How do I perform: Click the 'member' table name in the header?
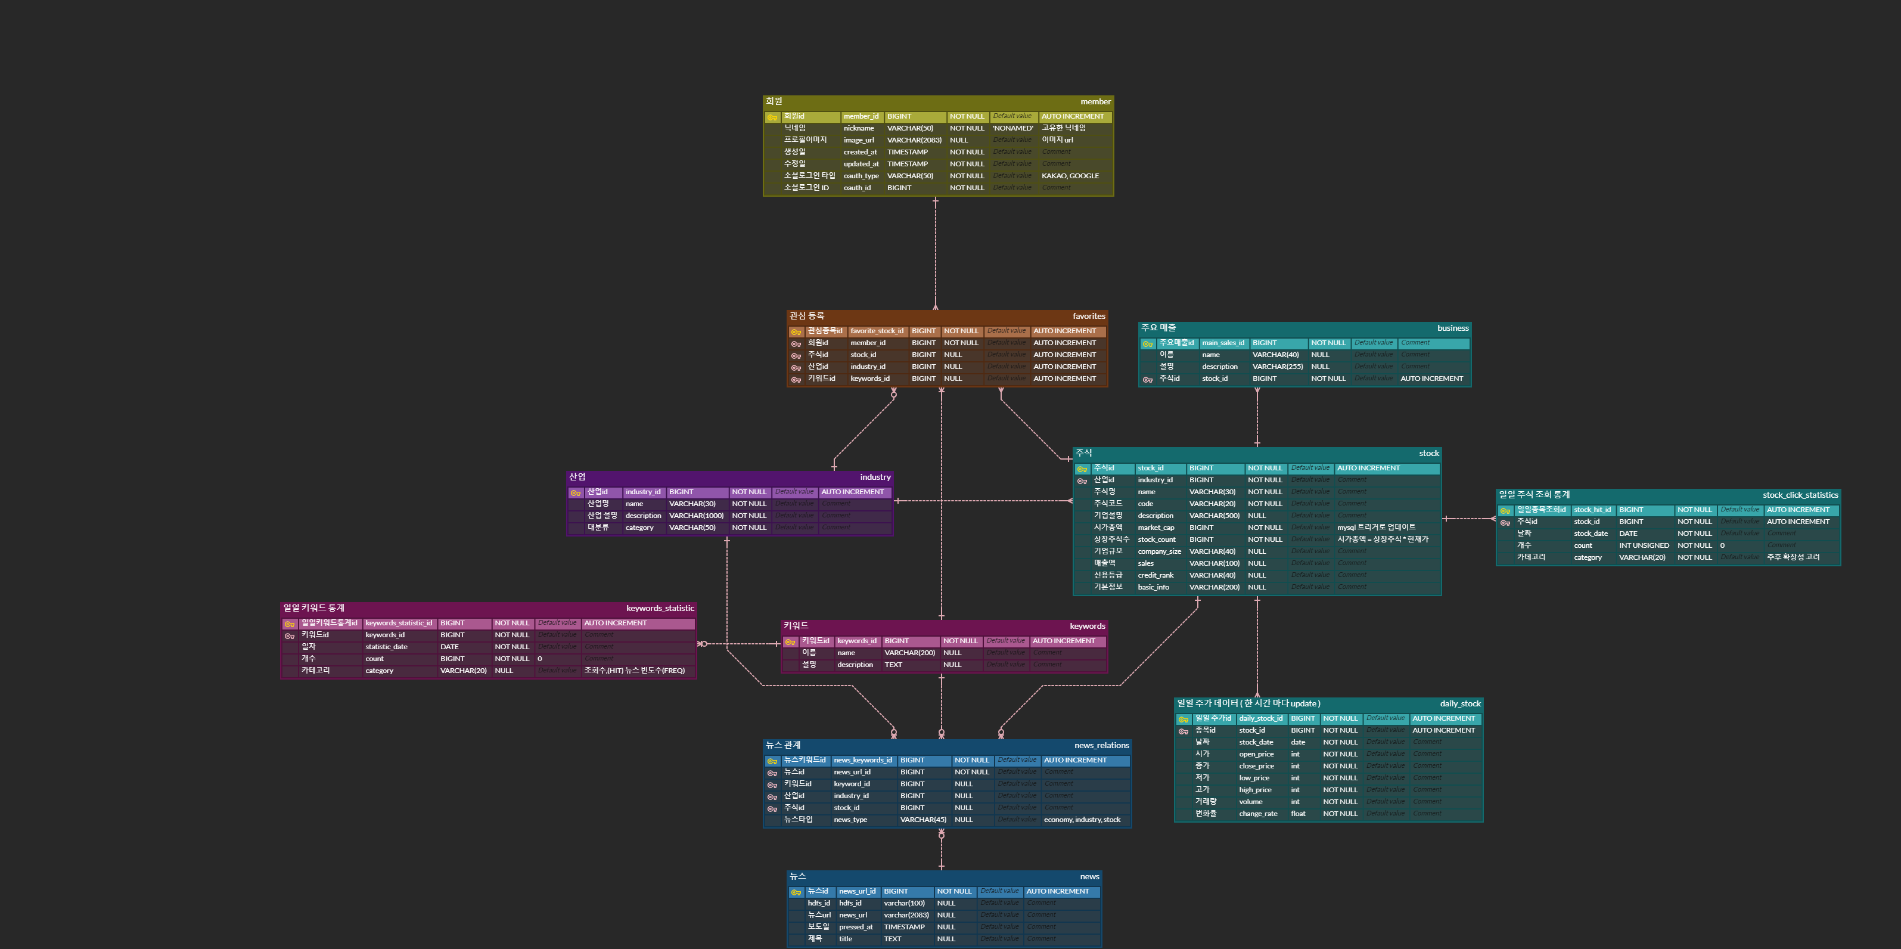point(1095,102)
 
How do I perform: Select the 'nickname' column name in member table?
point(858,128)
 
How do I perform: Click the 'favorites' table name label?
point(1089,316)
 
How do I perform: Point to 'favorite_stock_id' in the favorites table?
point(876,331)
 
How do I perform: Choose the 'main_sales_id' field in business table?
point(1222,343)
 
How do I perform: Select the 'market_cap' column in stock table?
point(1155,528)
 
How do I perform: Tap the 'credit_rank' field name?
point(1155,576)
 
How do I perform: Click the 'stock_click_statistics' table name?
point(1800,495)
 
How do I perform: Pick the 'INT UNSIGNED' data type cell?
point(1644,546)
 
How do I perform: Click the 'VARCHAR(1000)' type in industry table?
point(695,516)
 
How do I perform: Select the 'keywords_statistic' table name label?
point(660,609)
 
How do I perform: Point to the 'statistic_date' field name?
point(386,647)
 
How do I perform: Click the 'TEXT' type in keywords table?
point(893,665)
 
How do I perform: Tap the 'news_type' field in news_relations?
point(850,820)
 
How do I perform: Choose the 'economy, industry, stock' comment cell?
point(1081,820)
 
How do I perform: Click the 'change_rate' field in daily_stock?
point(1257,814)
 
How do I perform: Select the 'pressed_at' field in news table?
point(855,928)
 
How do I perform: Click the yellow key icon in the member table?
point(772,117)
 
